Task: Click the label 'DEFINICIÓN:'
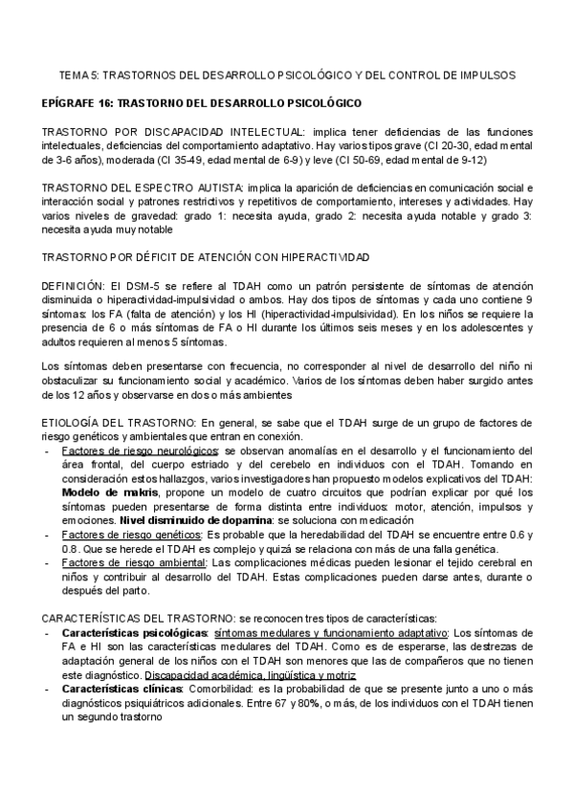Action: (x=74, y=286)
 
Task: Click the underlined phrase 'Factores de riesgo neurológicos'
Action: (x=131, y=450)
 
